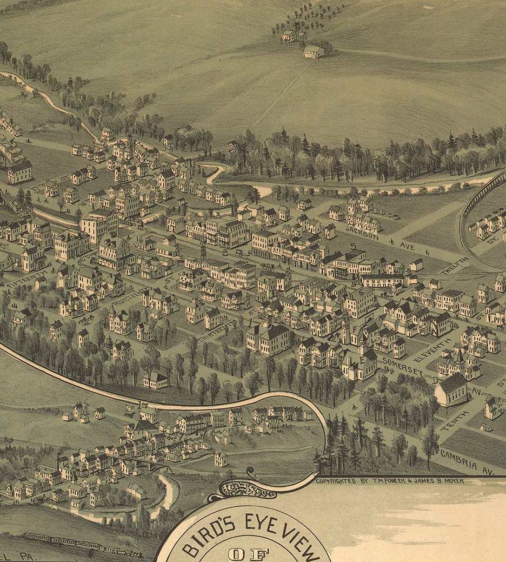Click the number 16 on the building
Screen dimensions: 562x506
141,239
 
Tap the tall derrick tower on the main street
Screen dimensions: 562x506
204,251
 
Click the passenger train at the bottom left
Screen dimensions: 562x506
81,544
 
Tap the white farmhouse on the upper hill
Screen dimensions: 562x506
314,52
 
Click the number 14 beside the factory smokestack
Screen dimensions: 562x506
65,465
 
